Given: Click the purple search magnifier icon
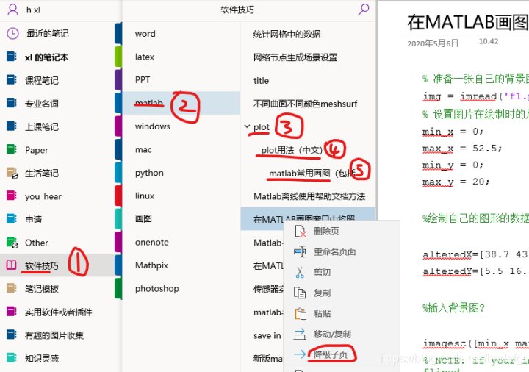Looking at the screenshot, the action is tap(363, 10).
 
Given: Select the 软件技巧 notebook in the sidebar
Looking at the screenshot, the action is tap(41, 265).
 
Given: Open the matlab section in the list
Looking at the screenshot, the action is tap(148, 102).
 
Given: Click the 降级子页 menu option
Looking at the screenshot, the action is tap(331, 355).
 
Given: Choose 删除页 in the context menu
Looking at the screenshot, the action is tap(325, 231).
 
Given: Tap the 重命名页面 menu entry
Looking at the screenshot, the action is tap(334, 251).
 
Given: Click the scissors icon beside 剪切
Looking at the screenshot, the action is tap(300, 272).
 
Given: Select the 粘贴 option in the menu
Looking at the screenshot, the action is tap(322, 313).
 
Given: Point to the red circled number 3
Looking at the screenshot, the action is tap(288, 127).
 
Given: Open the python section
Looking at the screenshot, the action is tap(149, 173).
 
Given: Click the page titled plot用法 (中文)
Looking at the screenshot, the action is tap(292, 150).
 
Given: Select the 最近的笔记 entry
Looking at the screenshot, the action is tap(47, 33).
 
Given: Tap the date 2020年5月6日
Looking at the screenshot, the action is tap(433, 43).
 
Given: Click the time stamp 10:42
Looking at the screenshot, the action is tap(488, 42).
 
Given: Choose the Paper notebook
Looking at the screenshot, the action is tap(36, 150).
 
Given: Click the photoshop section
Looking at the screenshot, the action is tap(156, 289).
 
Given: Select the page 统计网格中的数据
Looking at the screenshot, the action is tap(287, 34).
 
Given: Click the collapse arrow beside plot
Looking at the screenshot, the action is tap(247, 127).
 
